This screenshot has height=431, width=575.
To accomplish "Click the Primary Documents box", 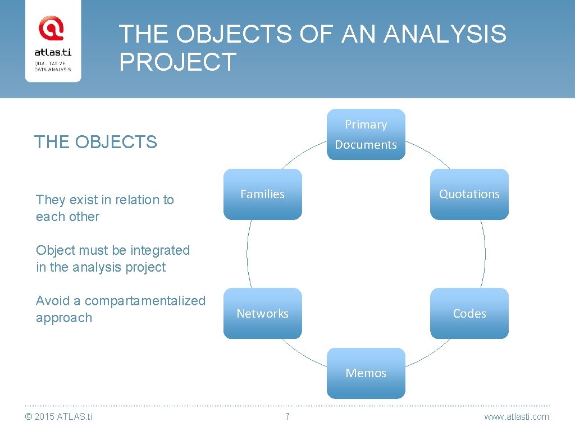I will pyautogui.click(x=366, y=135).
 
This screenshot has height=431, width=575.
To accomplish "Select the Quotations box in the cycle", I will pyautogui.click(x=469, y=194).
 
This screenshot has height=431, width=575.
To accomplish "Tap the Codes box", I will pyautogui.click(x=469, y=313).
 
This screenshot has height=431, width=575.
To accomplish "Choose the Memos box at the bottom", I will pyautogui.click(x=366, y=373).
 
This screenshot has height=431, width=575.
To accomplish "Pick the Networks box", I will pyautogui.click(x=262, y=313).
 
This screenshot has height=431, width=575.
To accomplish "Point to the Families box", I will pyautogui.click(x=262, y=194).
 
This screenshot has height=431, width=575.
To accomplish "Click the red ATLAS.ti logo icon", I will pyautogui.click(x=51, y=29).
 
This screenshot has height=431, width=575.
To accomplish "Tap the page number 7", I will pyautogui.click(x=287, y=416).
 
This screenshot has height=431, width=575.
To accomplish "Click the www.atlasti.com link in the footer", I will pyautogui.click(x=517, y=416).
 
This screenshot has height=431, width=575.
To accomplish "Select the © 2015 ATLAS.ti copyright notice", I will pyautogui.click(x=59, y=416).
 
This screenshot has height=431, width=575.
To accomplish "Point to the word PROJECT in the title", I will pyautogui.click(x=177, y=62).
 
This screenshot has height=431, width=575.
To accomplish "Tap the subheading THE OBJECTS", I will pyautogui.click(x=95, y=142).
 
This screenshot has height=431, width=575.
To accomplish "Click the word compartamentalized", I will pyautogui.click(x=145, y=301).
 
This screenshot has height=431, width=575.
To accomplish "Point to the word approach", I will pyautogui.click(x=63, y=318).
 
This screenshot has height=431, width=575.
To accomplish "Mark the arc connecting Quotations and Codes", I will pyautogui.click(x=485, y=254).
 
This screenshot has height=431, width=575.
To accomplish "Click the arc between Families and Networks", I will pyautogui.click(x=247, y=254).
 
